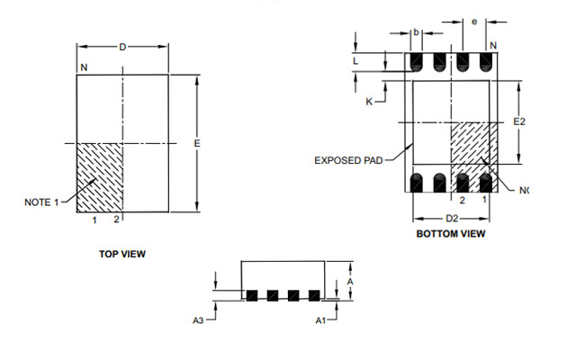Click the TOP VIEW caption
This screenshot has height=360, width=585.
(x=122, y=254)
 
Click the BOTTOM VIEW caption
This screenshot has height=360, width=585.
(x=451, y=234)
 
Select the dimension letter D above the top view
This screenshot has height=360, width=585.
(x=122, y=47)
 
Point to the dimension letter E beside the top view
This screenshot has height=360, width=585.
(x=197, y=143)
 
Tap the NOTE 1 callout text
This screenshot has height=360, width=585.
(x=41, y=202)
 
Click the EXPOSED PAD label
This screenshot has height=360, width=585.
(x=348, y=160)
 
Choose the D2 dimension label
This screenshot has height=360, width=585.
(x=452, y=219)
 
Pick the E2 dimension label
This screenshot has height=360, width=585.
(x=519, y=121)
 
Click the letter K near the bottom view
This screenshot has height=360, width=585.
(x=369, y=102)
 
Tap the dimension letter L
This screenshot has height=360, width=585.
(x=355, y=61)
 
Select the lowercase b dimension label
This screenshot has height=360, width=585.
(x=417, y=32)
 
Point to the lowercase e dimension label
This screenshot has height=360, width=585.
(x=474, y=22)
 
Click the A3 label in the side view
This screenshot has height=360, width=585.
(x=198, y=320)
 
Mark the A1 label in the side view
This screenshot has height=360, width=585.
(x=320, y=320)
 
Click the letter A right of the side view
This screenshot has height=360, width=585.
(x=350, y=282)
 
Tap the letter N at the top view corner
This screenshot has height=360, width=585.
(x=84, y=67)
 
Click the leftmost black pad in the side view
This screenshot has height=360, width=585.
(x=252, y=295)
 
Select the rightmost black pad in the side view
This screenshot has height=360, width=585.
(x=314, y=295)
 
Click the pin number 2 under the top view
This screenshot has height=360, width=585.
(x=116, y=220)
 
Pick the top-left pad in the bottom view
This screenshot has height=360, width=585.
(x=417, y=62)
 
